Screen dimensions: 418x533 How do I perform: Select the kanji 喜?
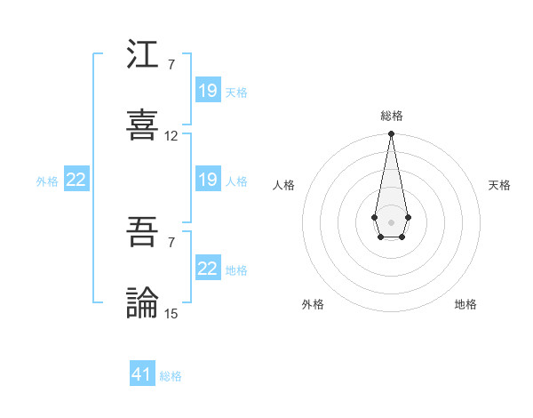pyautogui.click(x=143, y=124)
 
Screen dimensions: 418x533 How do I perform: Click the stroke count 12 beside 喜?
pyautogui.click(x=171, y=136)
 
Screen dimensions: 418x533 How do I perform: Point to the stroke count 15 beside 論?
pyautogui.click(x=171, y=313)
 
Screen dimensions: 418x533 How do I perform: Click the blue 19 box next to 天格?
pyautogui.click(x=208, y=91)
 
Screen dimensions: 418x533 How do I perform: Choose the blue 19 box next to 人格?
pyautogui.click(x=208, y=180)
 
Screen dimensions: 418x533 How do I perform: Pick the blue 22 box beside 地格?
pyautogui.click(x=208, y=269)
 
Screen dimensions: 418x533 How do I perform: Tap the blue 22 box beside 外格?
pyautogui.click(x=76, y=180)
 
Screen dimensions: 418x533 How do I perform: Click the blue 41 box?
pyautogui.click(x=142, y=374)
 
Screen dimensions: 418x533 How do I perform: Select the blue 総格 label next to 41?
pyautogui.click(x=171, y=376)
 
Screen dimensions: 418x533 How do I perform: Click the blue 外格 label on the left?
pyautogui.click(x=47, y=181)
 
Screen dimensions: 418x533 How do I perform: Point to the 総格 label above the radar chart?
pyautogui.click(x=392, y=116)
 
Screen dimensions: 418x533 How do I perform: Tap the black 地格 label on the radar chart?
pyautogui.click(x=465, y=304)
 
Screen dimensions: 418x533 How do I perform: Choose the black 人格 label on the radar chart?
pyautogui.click(x=284, y=185)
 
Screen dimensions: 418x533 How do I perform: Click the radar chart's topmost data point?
pyautogui.click(x=391, y=134)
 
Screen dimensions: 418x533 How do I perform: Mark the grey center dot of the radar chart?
pyautogui.click(x=391, y=221)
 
